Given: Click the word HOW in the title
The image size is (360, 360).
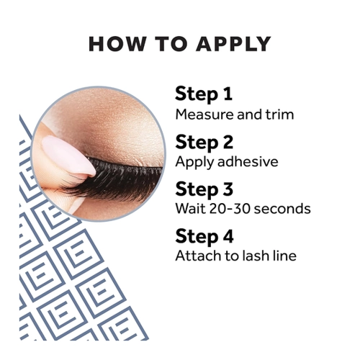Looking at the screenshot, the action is [117, 44].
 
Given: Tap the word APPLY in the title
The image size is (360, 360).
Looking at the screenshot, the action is [233, 44].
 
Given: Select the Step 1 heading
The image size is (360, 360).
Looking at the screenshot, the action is [204, 94].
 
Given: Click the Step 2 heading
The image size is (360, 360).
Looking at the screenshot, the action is [204, 143].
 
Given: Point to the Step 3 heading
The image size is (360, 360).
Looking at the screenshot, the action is [204, 189].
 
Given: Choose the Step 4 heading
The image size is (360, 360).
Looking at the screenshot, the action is [204, 237].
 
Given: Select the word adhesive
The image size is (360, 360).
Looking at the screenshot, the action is [248, 161].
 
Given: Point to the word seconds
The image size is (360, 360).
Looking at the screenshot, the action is [282, 209].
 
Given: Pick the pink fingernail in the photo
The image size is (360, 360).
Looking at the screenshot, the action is [68, 156].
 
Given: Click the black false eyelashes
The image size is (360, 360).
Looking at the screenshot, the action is [115, 178].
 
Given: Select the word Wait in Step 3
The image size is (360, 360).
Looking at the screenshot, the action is [191, 209].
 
